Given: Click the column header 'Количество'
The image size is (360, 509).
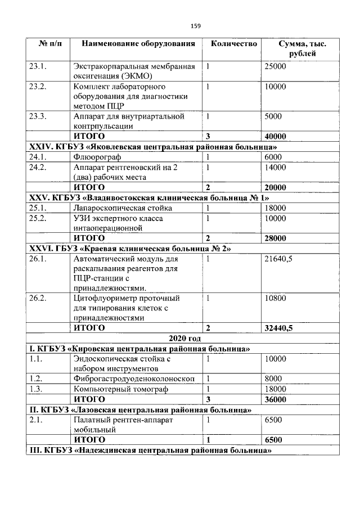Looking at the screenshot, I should coord(234,43).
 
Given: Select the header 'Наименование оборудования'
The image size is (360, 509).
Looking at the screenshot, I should coord(138,43).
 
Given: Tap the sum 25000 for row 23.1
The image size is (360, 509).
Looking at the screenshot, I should coord(276,66).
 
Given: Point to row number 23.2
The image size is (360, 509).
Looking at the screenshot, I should coord(40,87).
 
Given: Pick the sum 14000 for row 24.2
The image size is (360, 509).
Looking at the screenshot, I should coord(276,168).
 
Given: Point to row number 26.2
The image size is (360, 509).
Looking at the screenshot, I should coord(40,298).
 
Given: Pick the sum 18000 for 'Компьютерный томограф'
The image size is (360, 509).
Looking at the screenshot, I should coord(276,389).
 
